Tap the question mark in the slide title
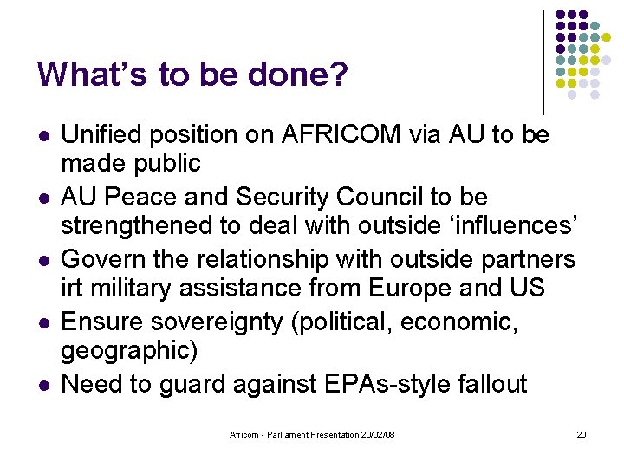click(337, 75)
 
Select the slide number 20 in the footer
click(582, 434)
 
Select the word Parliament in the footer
click(282, 434)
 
